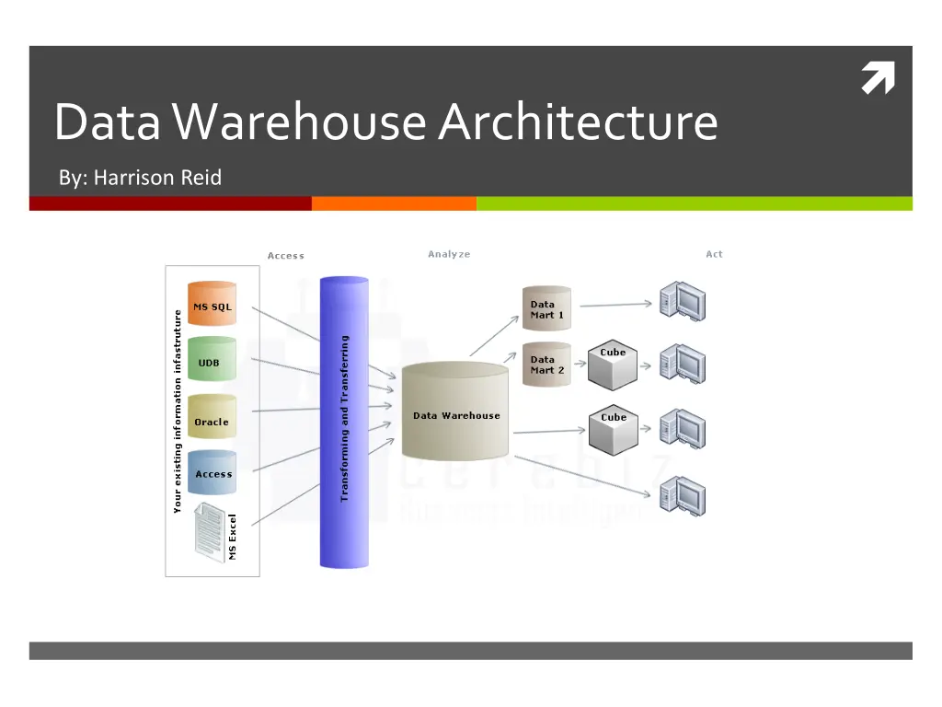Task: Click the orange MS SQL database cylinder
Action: coord(212,305)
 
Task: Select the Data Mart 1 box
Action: coord(546,308)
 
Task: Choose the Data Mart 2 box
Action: coord(546,365)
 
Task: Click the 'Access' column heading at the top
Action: coord(286,256)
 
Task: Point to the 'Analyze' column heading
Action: coord(449,254)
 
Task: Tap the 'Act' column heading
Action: coord(714,254)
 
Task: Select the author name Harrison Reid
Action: coord(157,178)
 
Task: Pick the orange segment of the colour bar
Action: coord(394,203)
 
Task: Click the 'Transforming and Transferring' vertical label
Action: coord(345,418)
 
